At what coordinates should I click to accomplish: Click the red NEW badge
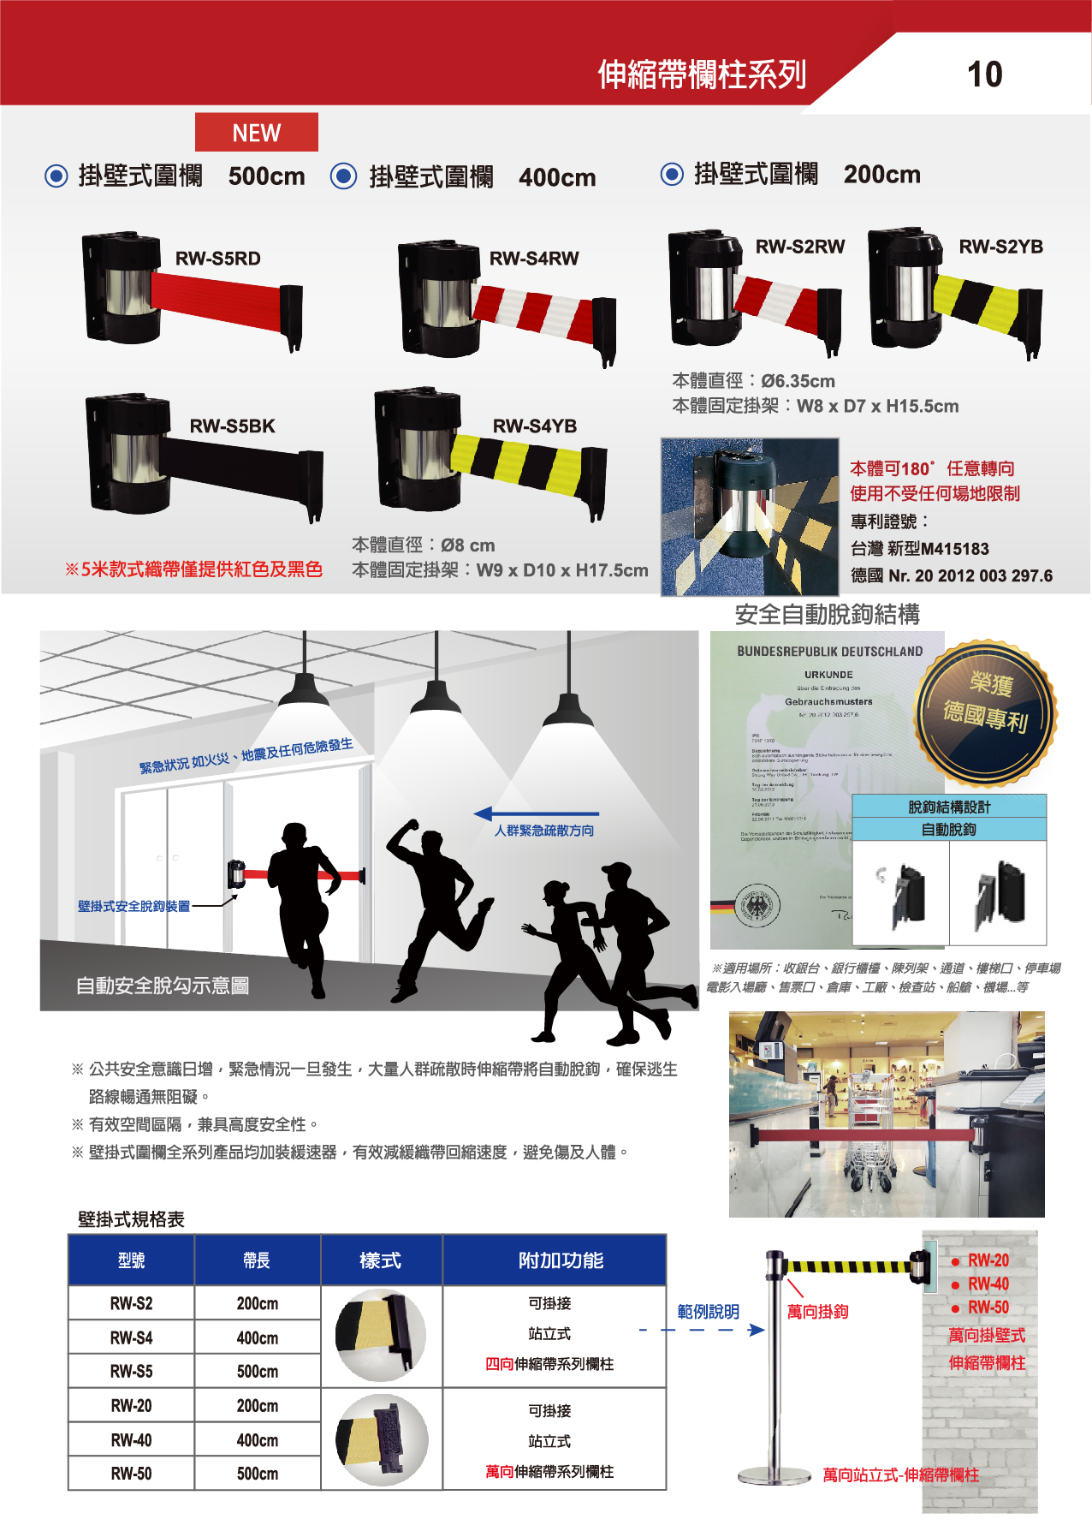coord(256,133)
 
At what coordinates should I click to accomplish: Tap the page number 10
coord(984,74)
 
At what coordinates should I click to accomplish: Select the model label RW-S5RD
coord(217,259)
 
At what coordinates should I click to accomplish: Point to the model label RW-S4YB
coord(534,426)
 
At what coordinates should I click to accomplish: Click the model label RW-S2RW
coord(799,247)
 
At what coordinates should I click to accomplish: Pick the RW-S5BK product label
coord(232,426)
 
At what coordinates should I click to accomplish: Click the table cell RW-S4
coord(131,1337)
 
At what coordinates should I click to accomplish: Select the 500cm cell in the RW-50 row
coord(257,1474)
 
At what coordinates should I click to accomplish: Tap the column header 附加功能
coord(561,1260)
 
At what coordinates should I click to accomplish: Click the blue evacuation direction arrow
coord(535,813)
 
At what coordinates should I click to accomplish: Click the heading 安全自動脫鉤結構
coord(827,614)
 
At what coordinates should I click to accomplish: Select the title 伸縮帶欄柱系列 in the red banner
coord(702,74)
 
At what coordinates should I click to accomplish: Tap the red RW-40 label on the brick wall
coord(988,1284)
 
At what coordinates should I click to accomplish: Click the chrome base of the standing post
coord(774,1474)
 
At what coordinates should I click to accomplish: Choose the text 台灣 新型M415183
coord(919,549)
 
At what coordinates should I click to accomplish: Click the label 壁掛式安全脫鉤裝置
coord(134,906)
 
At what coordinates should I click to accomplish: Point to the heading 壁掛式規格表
coord(131,1219)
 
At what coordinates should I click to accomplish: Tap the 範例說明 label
coord(708,1312)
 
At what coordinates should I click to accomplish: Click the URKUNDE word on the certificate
coord(828,675)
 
